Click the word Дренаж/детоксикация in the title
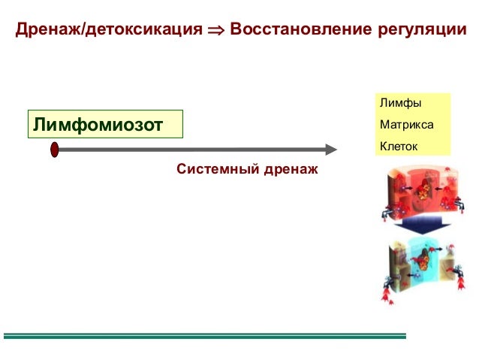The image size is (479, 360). pos(109,31)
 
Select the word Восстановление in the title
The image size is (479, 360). pos(300,31)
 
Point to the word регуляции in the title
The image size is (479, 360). pos(420,31)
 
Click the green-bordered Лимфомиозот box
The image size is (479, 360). pos(105,124)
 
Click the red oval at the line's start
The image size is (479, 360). pos(55,150)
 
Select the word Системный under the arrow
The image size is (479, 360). pos(217,170)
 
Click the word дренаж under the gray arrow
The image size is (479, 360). pos(290,170)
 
